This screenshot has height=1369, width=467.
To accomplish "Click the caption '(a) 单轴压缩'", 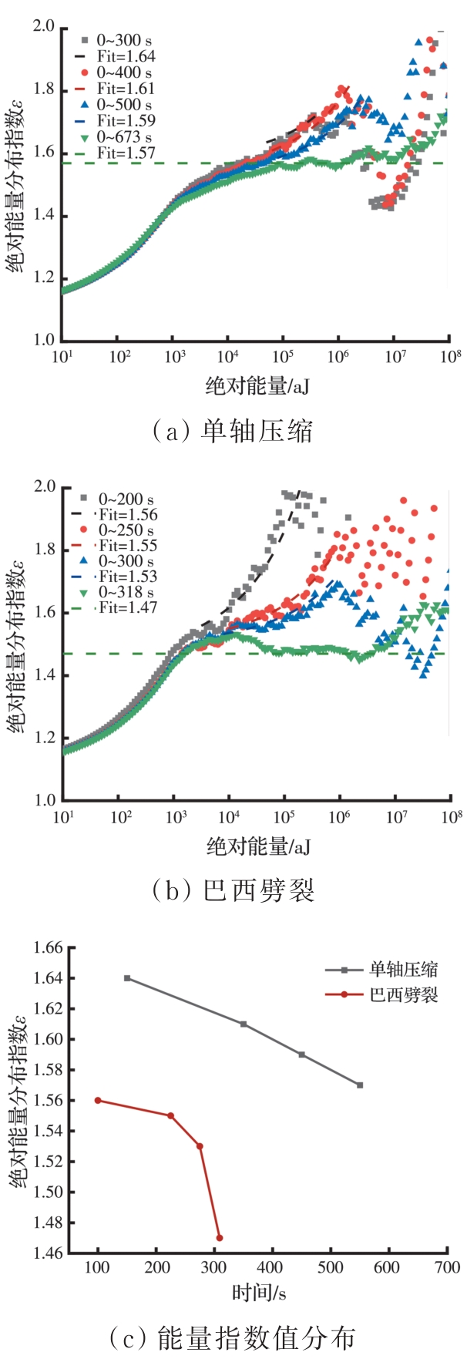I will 233,430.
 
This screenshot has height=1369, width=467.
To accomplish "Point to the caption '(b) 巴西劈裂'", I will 234,890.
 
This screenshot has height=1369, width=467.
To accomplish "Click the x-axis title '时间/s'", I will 259,1292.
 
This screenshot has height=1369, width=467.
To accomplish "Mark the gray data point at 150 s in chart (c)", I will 127,978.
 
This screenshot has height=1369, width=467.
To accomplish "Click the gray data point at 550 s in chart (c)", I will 360,1085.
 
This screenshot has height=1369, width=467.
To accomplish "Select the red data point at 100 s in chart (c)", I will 98,1100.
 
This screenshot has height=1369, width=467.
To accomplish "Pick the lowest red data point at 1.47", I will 220,1238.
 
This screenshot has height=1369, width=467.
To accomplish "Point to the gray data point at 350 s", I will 244,1024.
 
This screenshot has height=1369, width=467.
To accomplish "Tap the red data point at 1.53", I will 200,1146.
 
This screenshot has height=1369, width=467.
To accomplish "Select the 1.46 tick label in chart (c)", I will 49,1253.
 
